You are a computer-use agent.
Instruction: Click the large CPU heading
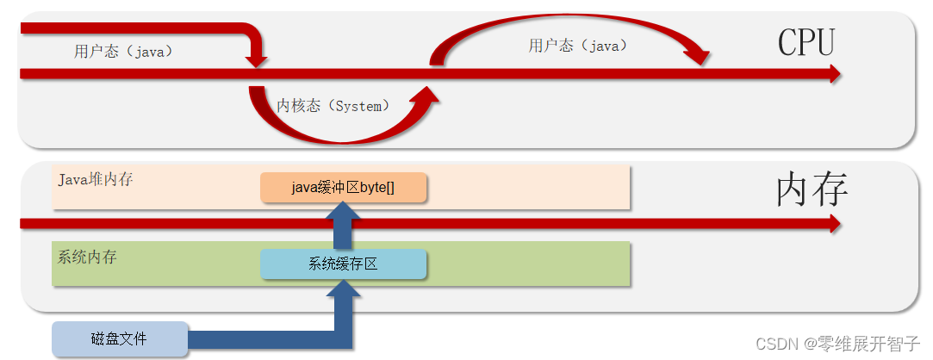click(x=806, y=41)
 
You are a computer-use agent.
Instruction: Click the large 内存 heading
click(x=812, y=189)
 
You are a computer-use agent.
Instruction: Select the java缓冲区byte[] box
click(x=344, y=188)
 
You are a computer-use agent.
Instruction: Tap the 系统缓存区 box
click(x=344, y=264)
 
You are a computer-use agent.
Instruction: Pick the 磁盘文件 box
click(x=119, y=338)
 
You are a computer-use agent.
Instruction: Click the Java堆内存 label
click(x=96, y=180)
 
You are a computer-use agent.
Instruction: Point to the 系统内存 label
click(x=87, y=257)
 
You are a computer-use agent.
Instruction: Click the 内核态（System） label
click(x=333, y=106)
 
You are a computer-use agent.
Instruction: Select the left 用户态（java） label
click(x=123, y=52)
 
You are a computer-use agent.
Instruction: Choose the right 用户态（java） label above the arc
click(x=578, y=47)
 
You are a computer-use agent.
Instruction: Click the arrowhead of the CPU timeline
click(x=834, y=74)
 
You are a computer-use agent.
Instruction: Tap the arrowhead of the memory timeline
click(x=834, y=224)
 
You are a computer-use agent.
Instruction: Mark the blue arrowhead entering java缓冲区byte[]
click(x=343, y=212)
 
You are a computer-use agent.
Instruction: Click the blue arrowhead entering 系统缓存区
click(x=343, y=289)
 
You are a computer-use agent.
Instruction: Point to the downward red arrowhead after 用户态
click(x=256, y=61)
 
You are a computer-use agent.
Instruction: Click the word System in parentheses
click(x=358, y=106)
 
